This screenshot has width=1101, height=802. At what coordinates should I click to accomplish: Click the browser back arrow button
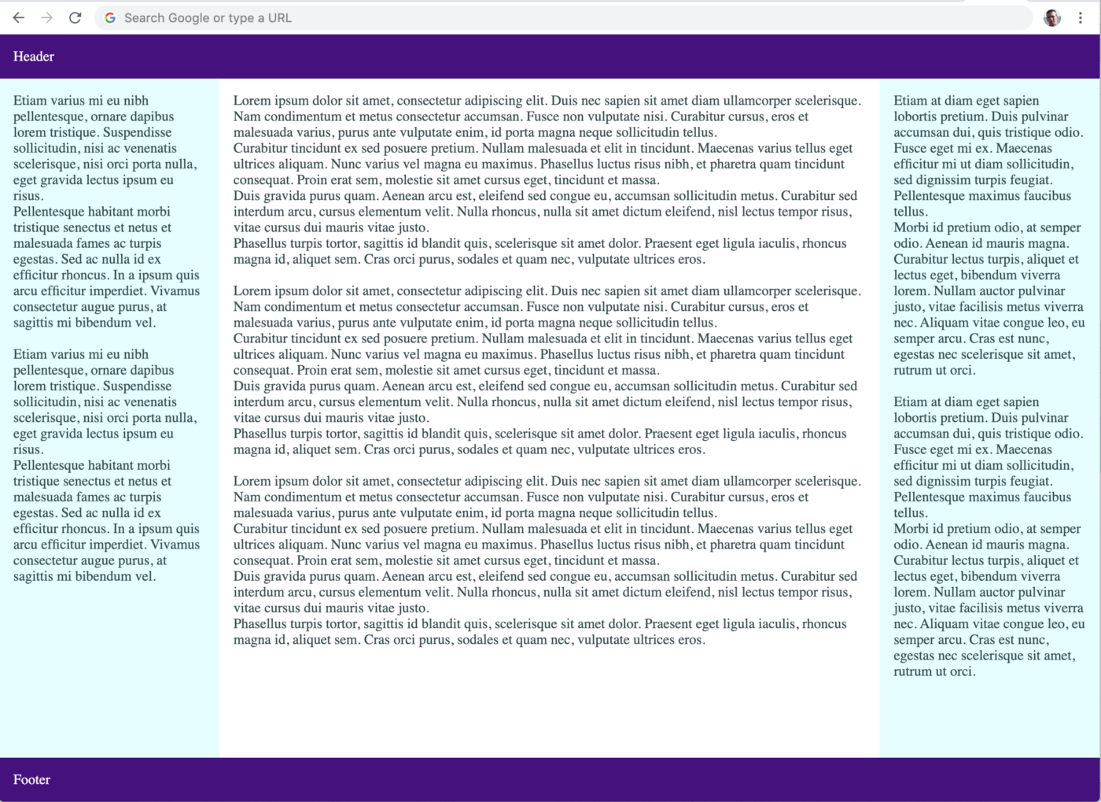[x=19, y=17]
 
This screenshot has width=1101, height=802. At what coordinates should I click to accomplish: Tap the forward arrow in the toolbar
[x=47, y=17]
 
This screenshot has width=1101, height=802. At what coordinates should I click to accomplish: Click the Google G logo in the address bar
[x=110, y=17]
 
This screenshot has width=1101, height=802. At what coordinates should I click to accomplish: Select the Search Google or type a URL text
[x=208, y=17]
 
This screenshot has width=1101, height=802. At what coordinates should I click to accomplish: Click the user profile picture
[x=1052, y=17]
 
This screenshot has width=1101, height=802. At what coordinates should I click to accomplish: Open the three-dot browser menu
[x=1081, y=17]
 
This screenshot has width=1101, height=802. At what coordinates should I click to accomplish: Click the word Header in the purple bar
[x=34, y=57]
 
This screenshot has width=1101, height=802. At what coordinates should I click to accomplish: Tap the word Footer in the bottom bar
[x=31, y=780]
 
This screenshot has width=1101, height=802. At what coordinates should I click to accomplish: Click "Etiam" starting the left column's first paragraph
[x=30, y=101]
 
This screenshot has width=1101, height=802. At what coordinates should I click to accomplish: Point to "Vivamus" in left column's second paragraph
[x=175, y=545]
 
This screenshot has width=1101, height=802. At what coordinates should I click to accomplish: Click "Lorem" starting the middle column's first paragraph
[x=251, y=101]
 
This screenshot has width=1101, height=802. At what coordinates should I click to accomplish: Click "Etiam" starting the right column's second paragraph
[x=911, y=402]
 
